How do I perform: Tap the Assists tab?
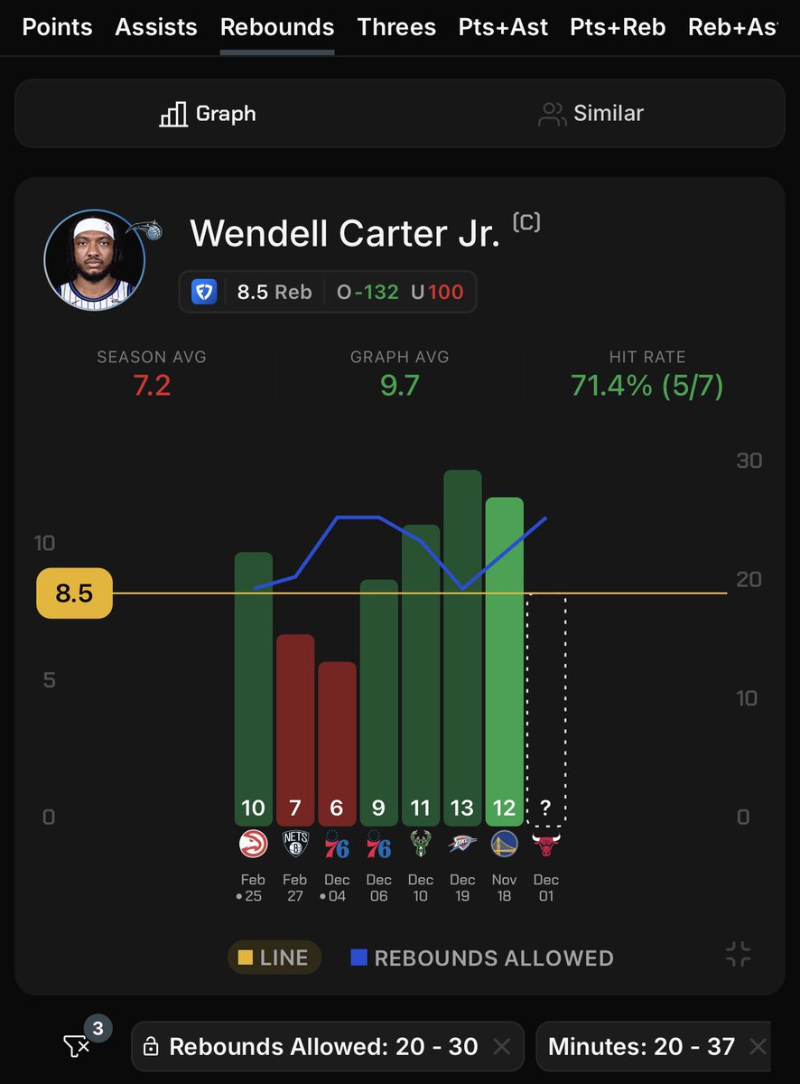click(x=156, y=27)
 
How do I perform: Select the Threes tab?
click(x=396, y=27)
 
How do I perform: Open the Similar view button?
click(x=591, y=114)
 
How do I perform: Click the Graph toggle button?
click(x=208, y=114)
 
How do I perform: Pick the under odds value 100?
click(x=446, y=292)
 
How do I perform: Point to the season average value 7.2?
click(x=152, y=387)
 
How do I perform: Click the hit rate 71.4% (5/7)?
click(x=647, y=387)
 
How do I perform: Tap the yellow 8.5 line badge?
click(x=74, y=593)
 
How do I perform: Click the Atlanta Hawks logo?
click(x=253, y=846)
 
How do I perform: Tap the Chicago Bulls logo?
click(x=546, y=846)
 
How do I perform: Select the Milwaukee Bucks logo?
click(x=421, y=846)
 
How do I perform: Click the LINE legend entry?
click(x=274, y=958)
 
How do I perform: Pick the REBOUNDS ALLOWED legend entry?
click(x=482, y=958)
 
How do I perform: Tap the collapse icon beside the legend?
click(x=738, y=955)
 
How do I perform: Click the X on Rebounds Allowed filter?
click(x=502, y=1047)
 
